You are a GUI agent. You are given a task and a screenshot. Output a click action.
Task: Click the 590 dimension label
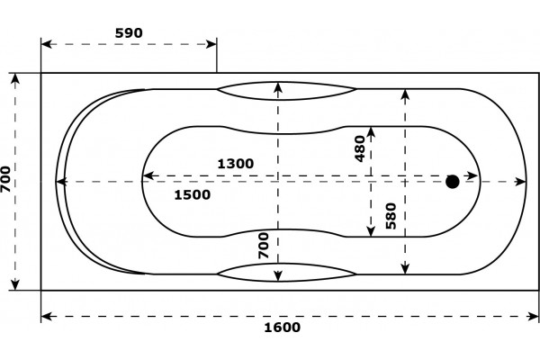[x=129, y=33]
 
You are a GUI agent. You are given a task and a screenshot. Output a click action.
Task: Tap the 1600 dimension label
[x=282, y=328]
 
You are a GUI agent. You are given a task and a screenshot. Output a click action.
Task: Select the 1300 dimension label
[x=236, y=164]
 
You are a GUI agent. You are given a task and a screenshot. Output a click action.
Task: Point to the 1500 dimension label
[x=193, y=195]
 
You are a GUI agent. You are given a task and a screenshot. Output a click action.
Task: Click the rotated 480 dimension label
[x=360, y=148]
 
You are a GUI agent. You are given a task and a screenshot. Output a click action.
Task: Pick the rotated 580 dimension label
[x=391, y=216]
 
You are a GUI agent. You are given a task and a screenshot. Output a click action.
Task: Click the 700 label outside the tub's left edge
[x=5, y=179]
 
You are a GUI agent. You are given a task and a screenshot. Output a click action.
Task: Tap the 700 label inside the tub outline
[x=264, y=246]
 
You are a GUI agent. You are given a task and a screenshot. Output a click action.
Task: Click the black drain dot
[x=452, y=182]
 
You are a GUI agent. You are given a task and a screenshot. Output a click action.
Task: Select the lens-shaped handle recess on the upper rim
[x=286, y=91]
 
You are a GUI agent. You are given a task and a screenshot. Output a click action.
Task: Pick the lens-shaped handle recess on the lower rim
[x=286, y=273]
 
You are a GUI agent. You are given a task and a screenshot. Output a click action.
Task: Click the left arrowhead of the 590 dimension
[x=47, y=44]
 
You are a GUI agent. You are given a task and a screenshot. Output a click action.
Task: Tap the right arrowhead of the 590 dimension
[x=211, y=44]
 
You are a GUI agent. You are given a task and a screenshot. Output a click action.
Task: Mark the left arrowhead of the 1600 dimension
[x=47, y=316]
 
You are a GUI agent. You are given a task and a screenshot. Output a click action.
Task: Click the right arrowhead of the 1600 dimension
[x=533, y=316]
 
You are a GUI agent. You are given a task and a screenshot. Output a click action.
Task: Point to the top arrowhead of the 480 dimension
[x=371, y=132]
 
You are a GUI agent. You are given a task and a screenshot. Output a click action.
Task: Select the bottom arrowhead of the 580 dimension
[x=405, y=269]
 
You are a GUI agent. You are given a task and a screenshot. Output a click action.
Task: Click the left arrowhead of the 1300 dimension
[x=148, y=176]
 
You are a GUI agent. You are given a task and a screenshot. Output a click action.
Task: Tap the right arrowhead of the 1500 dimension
[x=521, y=182]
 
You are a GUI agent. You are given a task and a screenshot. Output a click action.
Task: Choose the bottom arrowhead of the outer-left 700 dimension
[x=15, y=284]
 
